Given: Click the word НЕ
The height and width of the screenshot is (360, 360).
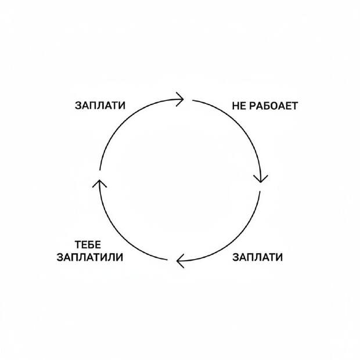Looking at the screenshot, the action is (x=239, y=106).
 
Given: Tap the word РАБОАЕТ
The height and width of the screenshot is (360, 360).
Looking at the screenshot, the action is (x=273, y=106).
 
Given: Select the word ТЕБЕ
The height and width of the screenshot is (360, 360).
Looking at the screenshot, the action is (x=88, y=245).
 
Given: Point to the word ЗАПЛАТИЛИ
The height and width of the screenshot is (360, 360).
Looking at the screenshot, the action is (x=90, y=257).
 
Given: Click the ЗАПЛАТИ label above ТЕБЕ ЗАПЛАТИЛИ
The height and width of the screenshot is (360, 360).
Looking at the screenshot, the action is (x=100, y=105).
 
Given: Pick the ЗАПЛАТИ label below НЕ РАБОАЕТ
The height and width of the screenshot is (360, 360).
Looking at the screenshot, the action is (x=257, y=257).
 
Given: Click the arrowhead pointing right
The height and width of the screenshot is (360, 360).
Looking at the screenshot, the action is (x=181, y=99).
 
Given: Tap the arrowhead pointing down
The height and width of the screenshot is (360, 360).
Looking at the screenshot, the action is (x=261, y=179).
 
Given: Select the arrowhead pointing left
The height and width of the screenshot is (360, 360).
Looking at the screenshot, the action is (x=180, y=261).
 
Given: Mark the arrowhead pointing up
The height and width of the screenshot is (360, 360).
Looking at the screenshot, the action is (x=99, y=183).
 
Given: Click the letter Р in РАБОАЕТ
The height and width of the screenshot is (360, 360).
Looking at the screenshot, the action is (x=253, y=106).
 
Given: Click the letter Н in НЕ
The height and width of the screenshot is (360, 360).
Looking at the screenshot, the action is (x=236, y=106).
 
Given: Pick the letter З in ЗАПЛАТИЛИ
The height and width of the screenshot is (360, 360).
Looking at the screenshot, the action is (x=60, y=257).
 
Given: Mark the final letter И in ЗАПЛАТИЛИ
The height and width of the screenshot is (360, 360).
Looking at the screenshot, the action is (x=120, y=257).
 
